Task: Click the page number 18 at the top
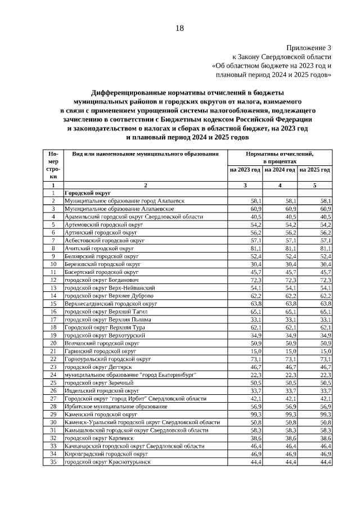pyautogui.click(x=179, y=28)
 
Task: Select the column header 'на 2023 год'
pyautogui.click(x=244, y=169)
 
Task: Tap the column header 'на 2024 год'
pyautogui.click(x=280, y=169)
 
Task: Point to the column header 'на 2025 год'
pyautogui.click(x=315, y=169)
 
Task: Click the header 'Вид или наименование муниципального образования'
pyautogui.click(x=141, y=154)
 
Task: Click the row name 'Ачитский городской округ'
pyautogui.click(x=99, y=247)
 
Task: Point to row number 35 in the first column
pyautogui.click(x=53, y=461)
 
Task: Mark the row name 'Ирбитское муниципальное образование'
pyautogui.click(x=115, y=406)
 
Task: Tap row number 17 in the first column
pyautogui.click(x=53, y=319)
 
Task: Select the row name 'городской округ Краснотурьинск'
pyautogui.click(x=107, y=461)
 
